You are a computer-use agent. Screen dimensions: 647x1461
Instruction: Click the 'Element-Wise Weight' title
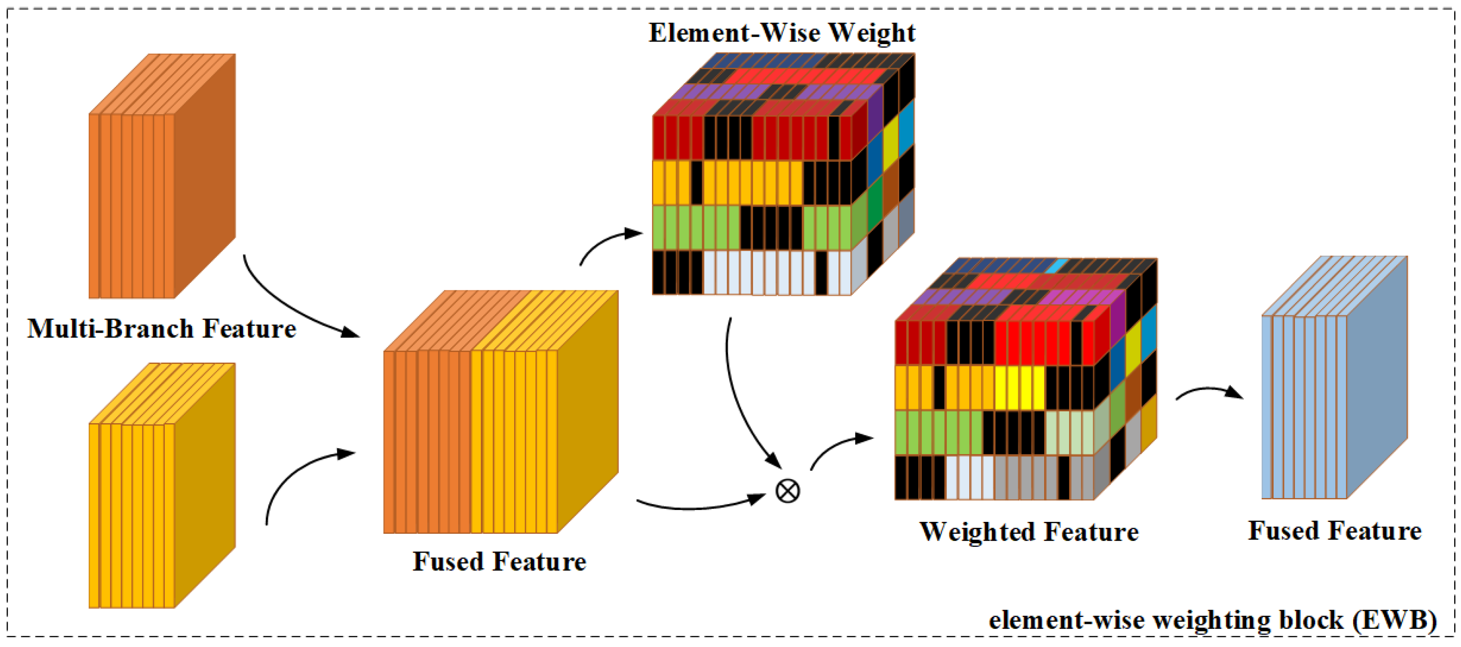point(782,32)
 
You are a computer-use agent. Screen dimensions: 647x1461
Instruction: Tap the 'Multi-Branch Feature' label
point(162,329)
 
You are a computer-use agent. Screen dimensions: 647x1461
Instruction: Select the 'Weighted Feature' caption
point(1028,531)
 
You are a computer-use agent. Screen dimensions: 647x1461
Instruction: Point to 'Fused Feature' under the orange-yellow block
point(499,561)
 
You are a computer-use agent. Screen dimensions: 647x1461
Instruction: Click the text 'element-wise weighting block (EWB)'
point(1213,620)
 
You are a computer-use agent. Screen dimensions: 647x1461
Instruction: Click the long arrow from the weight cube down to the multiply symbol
point(737,397)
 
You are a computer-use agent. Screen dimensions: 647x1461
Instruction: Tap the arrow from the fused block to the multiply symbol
point(698,505)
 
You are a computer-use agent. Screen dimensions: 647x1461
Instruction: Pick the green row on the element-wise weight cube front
point(752,227)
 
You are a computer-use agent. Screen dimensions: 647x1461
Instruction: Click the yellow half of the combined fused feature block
point(513,442)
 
